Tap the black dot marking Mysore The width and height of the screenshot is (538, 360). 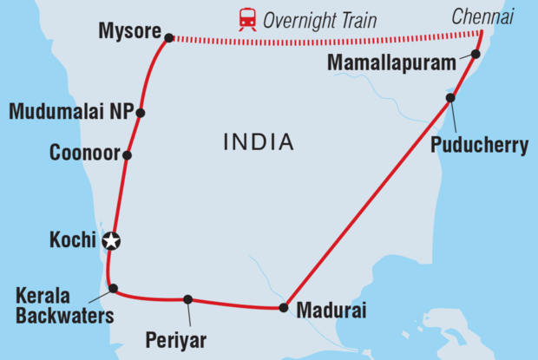169,37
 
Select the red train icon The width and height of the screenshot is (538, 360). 247,19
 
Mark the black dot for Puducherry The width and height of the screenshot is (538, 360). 450,98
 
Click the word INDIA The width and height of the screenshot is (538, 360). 258,141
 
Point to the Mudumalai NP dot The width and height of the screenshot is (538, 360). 140,113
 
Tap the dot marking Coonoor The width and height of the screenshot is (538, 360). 127,155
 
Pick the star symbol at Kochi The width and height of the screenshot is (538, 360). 111,241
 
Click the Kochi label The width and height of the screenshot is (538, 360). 72,240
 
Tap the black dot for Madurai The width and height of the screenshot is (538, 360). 283,307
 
